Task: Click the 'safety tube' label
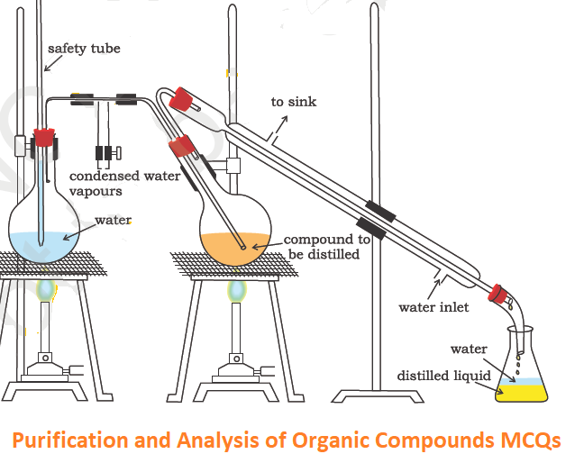pos(84,48)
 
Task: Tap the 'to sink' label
pos(294,102)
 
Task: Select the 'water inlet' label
pos(433,307)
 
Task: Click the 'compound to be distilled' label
pos(326,247)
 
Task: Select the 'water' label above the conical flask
pos(469,350)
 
